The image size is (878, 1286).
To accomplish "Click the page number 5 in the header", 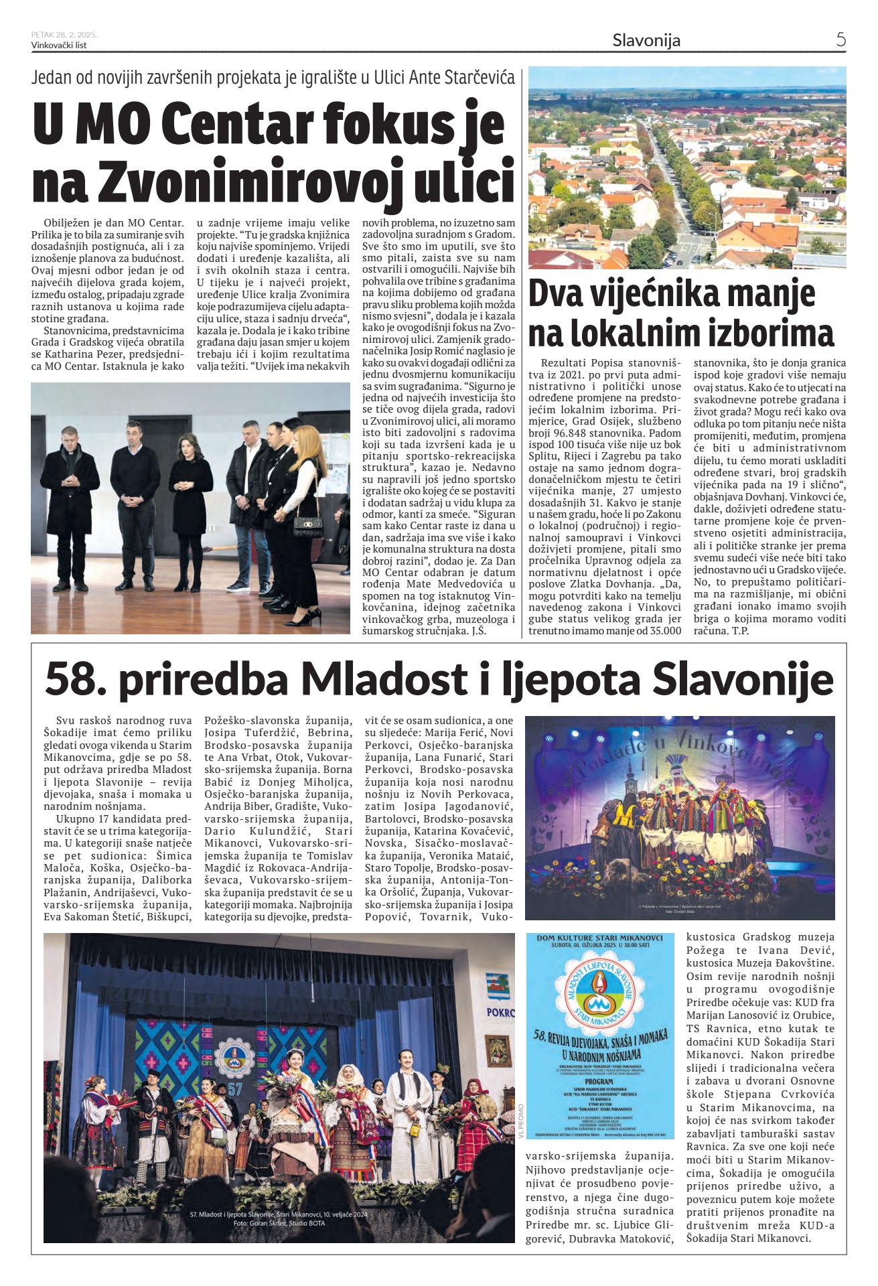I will pos(840,40).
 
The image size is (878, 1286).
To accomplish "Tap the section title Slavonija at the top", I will pos(646,40).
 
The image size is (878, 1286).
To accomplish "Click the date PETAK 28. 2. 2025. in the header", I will pos(64,35).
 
